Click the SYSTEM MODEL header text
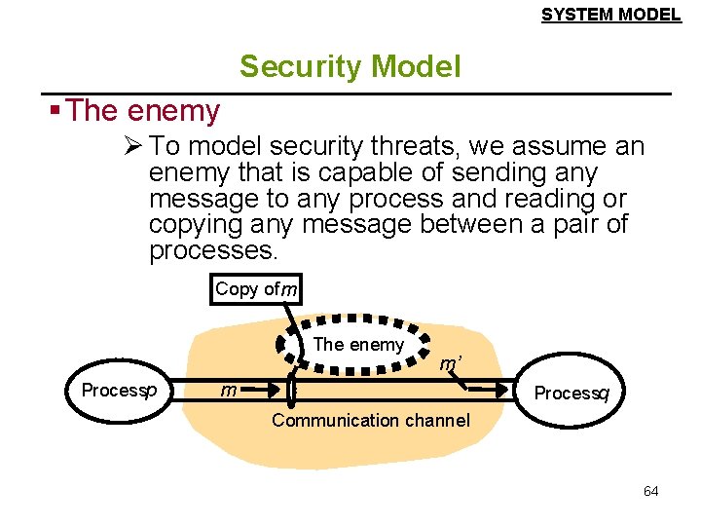coord(610,15)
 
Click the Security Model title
coord(350,66)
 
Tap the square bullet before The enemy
coord(56,109)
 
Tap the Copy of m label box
coord(256,289)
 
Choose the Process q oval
coord(571,393)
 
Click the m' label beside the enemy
coord(449,365)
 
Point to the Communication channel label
coord(370,421)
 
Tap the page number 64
coord(650,491)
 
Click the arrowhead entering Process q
coord(505,391)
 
